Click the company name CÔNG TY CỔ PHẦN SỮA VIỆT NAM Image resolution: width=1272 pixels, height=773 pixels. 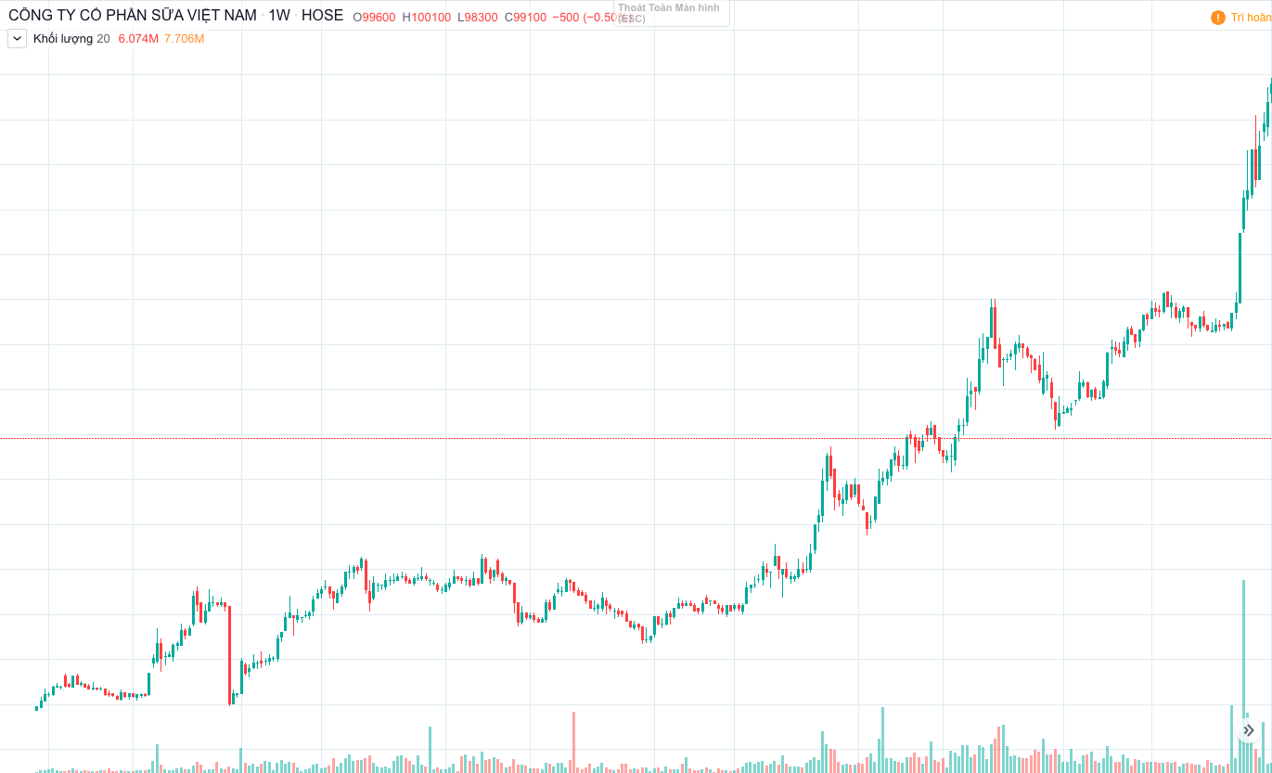tap(133, 16)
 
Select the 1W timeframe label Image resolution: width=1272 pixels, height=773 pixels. tap(279, 16)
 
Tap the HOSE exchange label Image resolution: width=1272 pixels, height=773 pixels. tap(322, 16)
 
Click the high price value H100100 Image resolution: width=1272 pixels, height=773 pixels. tap(426, 17)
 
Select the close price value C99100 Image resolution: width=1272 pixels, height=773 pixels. tap(525, 17)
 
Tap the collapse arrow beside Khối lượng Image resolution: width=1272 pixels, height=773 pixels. tap(17, 38)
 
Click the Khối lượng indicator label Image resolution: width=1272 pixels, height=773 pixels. tap(63, 38)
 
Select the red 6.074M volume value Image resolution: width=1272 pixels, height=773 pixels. tap(138, 38)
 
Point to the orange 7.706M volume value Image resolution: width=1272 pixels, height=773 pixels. tap(184, 38)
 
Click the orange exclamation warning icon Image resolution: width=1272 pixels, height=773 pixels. tap(1218, 18)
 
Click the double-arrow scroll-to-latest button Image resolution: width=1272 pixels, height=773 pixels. tap(1248, 730)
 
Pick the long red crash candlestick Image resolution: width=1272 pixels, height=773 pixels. tap(229, 654)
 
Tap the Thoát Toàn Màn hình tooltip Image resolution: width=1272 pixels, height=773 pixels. tap(671, 12)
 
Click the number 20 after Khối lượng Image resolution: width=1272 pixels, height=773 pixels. tap(103, 38)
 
